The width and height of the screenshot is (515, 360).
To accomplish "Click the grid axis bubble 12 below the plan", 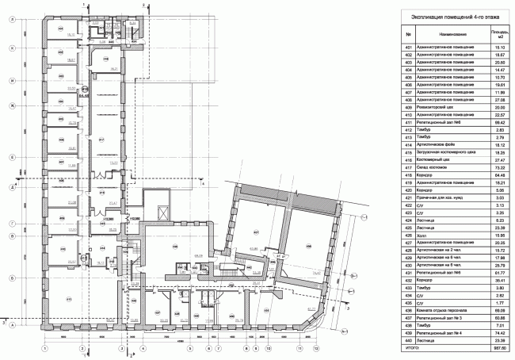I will tap(315, 348).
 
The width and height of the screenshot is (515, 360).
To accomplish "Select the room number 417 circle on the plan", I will tap(102, 143).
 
